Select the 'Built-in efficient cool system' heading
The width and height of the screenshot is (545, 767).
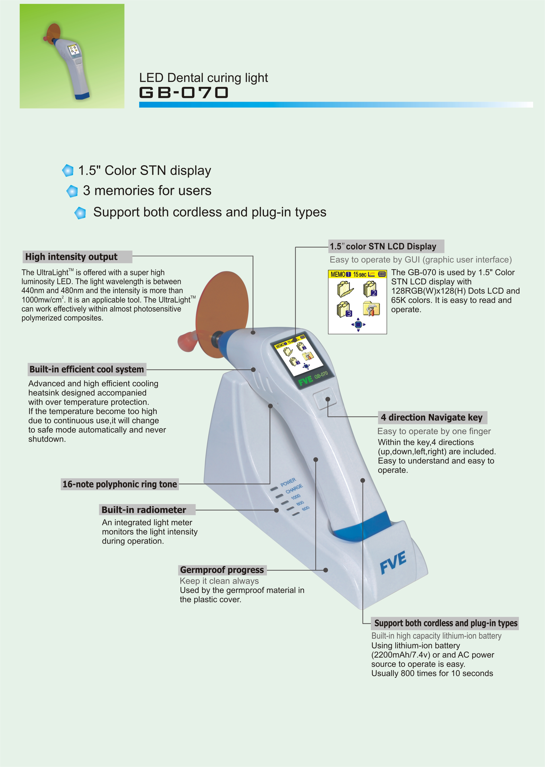(x=87, y=369)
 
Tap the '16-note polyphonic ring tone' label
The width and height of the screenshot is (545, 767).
(x=120, y=484)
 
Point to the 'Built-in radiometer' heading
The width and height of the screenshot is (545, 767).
(x=144, y=510)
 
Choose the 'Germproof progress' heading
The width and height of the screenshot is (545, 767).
(x=222, y=570)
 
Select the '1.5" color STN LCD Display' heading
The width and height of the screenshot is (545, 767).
(x=383, y=247)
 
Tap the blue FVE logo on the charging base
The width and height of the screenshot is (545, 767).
(x=393, y=562)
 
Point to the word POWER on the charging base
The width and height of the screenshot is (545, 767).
(x=288, y=482)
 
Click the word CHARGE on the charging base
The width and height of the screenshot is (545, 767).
(x=294, y=489)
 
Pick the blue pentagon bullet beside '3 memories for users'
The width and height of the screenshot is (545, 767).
(x=72, y=191)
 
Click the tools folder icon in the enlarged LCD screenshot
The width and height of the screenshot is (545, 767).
(x=371, y=308)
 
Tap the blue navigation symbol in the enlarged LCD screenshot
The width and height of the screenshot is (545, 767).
(x=358, y=325)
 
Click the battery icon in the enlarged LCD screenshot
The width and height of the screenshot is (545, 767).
(x=382, y=274)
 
